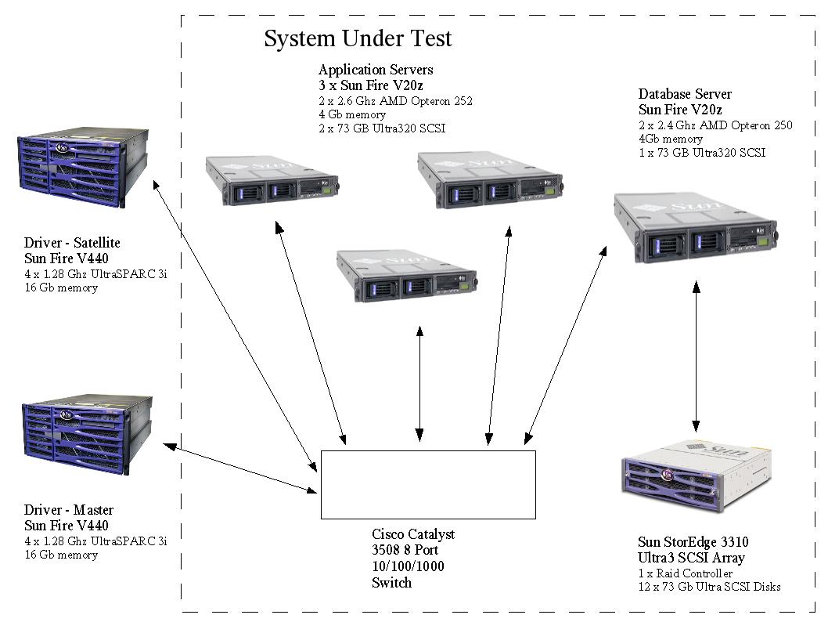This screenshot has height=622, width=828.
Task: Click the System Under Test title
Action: tap(358, 38)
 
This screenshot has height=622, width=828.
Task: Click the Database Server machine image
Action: tap(695, 229)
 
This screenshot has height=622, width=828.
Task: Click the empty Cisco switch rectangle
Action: tap(428, 484)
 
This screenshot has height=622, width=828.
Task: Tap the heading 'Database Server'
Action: tap(685, 95)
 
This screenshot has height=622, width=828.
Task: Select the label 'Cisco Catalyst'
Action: tap(413, 534)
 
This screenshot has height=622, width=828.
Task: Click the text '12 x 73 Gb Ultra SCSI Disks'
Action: tap(709, 587)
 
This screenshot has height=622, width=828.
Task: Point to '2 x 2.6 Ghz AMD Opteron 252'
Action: tap(395, 101)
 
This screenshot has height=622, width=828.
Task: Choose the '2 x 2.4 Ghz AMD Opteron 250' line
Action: tap(715, 125)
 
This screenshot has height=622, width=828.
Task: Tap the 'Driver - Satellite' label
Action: tap(72, 244)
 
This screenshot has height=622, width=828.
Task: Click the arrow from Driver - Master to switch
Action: tap(239, 468)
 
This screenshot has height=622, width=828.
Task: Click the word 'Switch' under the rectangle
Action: tap(391, 583)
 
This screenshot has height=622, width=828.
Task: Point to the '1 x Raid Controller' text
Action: tap(685, 573)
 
